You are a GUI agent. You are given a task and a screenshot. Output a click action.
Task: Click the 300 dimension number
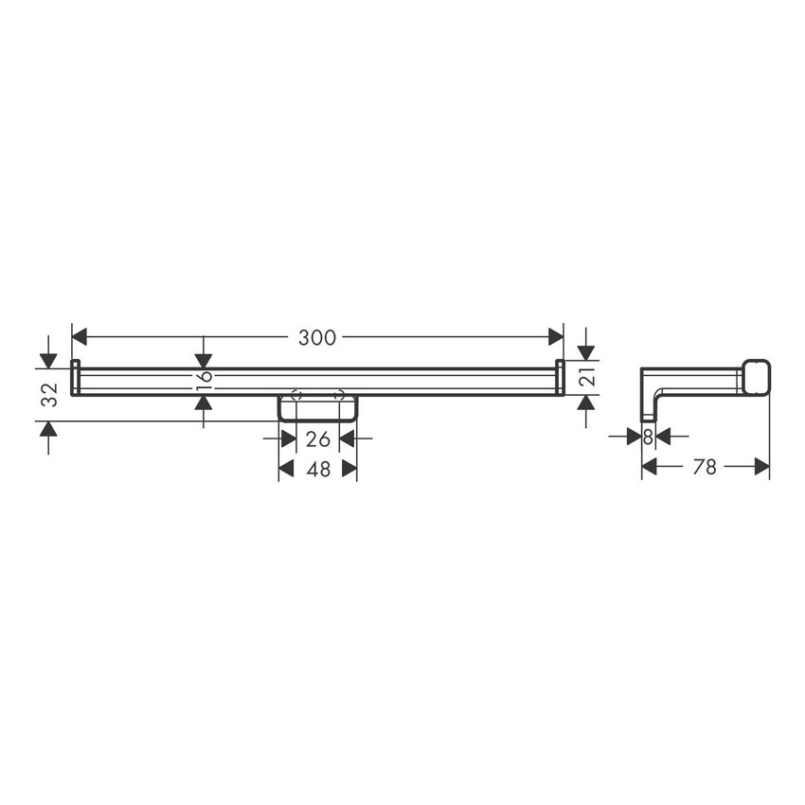[x=317, y=337]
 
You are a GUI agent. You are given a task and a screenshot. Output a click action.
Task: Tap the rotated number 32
[x=50, y=394]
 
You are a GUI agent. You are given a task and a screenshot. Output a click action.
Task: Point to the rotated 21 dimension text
[x=587, y=378]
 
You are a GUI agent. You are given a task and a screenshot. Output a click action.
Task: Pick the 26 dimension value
[x=318, y=439]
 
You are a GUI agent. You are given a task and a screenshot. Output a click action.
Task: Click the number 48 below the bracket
[x=318, y=469]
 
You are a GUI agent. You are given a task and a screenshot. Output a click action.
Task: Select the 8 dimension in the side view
[x=648, y=437]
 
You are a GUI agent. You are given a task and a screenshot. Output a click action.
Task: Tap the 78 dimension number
[x=705, y=466]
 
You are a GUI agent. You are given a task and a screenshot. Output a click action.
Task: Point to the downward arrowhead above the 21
[x=587, y=353]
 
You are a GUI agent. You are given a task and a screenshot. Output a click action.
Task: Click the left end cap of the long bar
[x=76, y=377]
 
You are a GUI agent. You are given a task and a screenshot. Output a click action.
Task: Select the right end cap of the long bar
[x=560, y=377]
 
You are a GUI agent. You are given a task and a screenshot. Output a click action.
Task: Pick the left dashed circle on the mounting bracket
[x=295, y=396]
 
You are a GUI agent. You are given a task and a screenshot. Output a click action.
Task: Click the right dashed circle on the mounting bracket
[x=339, y=396]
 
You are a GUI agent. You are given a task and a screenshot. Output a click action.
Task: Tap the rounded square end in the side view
[x=755, y=377]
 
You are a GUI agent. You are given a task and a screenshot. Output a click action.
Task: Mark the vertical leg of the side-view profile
[x=649, y=402]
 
